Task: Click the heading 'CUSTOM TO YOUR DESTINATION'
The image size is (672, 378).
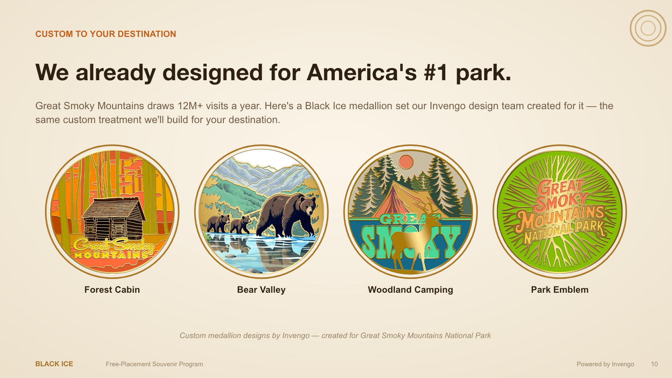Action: [x=105, y=34]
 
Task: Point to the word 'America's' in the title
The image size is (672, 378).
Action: [x=362, y=72]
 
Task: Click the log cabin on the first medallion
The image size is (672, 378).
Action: [x=113, y=219]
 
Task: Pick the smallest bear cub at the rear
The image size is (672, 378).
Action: [x=218, y=223]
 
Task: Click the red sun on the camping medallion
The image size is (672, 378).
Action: [x=406, y=162]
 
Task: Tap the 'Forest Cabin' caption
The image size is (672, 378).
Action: [x=112, y=290]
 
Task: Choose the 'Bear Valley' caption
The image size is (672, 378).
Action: [x=261, y=290]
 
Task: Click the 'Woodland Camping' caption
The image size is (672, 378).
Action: [x=410, y=290]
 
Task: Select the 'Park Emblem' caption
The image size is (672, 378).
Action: [x=560, y=290]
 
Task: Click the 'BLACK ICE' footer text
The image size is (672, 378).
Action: [x=54, y=364]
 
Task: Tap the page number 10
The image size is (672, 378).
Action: [x=654, y=364]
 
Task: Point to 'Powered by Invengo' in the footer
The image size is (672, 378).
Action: [x=605, y=364]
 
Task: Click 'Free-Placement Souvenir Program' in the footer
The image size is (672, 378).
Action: [x=155, y=364]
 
